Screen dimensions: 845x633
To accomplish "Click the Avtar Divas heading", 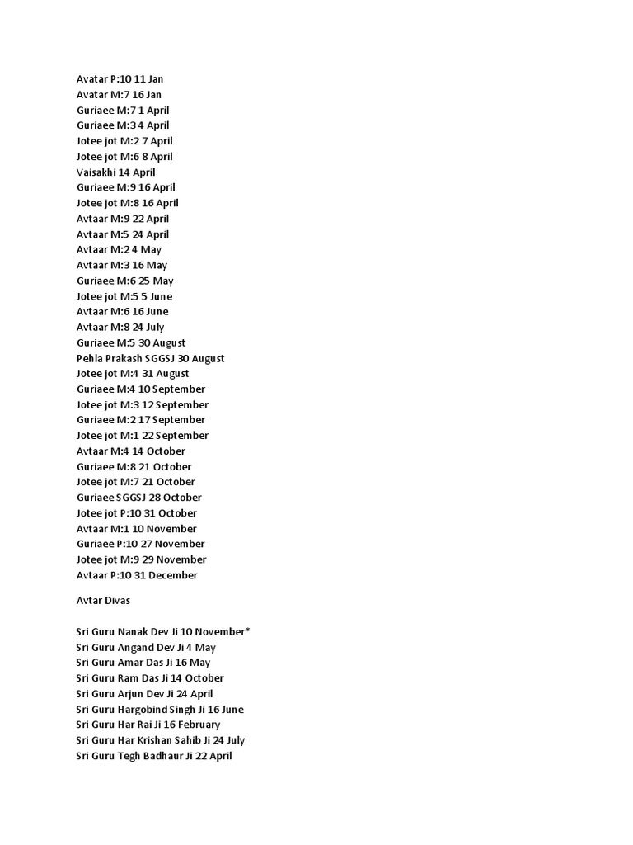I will coord(103,601).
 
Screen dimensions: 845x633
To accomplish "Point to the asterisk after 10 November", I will coord(247,630).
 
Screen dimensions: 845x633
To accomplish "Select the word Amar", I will coord(133,663).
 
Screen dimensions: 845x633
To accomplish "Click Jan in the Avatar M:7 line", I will coord(153,95).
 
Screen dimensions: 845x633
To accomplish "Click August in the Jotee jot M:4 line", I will coord(172,374).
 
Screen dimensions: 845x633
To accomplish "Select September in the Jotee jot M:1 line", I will coord(182,436).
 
